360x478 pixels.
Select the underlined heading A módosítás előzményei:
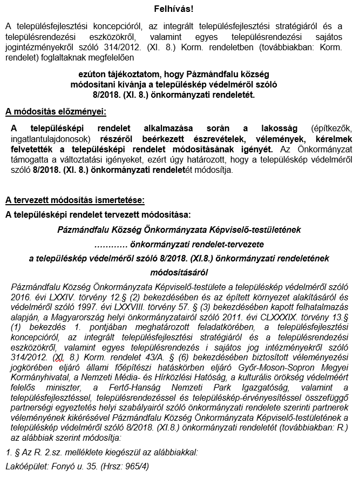[x=56, y=112]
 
